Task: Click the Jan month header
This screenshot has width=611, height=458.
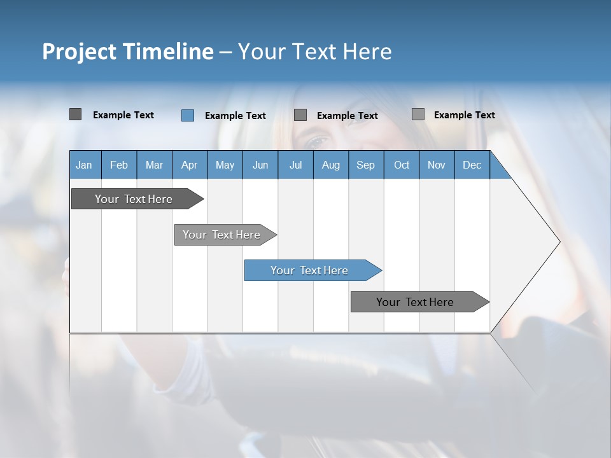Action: click(x=84, y=165)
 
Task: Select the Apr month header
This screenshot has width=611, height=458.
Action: click(x=189, y=165)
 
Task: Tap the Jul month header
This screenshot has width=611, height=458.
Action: click(x=295, y=165)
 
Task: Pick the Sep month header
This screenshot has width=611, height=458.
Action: click(x=365, y=165)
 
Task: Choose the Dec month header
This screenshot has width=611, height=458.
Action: click(x=472, y=165)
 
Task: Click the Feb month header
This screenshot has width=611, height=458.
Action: click(x=119, y=165)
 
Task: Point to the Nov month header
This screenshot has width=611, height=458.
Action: click(x=436, y=165)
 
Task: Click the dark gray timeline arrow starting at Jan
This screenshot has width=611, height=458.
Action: click(x=134, y=199)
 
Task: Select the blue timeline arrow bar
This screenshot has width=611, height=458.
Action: click(x=309, y=270)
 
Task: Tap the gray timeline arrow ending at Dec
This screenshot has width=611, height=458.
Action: click(x=416, y=302)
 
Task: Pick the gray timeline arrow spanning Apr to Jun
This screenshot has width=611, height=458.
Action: click(x=221, y=235)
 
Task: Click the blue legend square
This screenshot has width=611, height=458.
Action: click(x=188, y=115)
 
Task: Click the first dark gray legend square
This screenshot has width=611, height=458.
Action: click(x=75, y=114)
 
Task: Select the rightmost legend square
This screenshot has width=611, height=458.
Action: click(x=418, y=114)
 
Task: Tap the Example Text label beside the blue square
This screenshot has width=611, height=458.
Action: click(x=235, y=116)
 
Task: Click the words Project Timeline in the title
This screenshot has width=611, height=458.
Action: click(x=127, y=52)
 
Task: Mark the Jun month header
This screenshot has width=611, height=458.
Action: click(x=260, y=165)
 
